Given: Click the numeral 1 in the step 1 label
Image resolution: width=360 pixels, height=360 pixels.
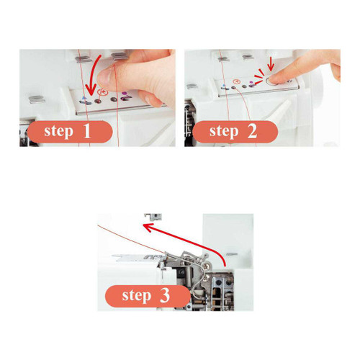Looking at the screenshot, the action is point(87,131).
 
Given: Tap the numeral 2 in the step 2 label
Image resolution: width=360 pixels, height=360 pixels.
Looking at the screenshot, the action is point(252,131).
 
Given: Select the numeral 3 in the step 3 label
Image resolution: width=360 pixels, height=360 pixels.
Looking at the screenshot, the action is point(165,295).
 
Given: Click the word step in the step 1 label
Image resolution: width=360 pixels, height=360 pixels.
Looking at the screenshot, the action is point(58,132).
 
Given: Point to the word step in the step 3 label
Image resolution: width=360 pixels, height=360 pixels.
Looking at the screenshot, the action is point(137,296).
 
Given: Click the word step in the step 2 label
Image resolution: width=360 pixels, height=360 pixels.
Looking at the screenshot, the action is point(224,132).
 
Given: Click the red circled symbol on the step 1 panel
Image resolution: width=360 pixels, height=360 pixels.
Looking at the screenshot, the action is point(102,91).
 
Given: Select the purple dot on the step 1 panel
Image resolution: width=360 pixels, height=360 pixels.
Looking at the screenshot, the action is point(125,93).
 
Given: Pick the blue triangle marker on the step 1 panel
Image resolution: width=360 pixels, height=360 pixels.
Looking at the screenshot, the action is point(84,98).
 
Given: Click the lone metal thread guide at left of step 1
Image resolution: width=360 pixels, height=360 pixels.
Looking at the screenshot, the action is point(37,99).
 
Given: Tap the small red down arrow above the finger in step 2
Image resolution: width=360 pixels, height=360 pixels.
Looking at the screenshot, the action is point(271,63).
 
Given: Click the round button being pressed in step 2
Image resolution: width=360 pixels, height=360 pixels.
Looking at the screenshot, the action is point(272,81).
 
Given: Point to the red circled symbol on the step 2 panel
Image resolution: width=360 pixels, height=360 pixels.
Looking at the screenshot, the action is point(237,81).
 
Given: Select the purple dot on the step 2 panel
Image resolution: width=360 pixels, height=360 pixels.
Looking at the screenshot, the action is point(251,82).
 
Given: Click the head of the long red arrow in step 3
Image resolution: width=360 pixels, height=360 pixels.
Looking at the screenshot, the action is point(147,227).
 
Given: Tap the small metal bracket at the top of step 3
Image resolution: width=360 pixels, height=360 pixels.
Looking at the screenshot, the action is point(153,217).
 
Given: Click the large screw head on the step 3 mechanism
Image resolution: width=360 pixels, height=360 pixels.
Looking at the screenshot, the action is point(207,265).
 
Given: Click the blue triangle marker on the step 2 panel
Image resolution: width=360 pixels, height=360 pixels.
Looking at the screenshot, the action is point(224,86).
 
